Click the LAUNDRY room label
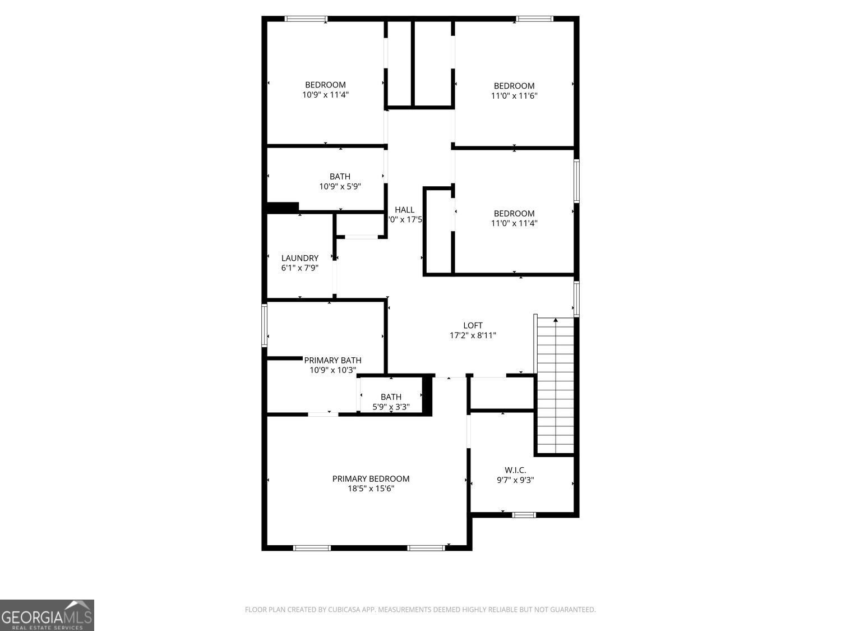pyautogui.click(x=300, y=258)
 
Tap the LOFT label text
pyautogui.click(x=473, y=325)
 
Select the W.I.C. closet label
pyautogui.click(x=515, y=470)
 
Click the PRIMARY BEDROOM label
pyautogui.click(x=371, y=478)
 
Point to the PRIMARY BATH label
pyautogui.click(x=332, y=360)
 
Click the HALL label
pyautogui.click(x=404, y=210)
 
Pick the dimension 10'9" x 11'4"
pyautogui.click(x=325, y=95)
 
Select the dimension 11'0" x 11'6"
pyautogui.click(x=514, y=95)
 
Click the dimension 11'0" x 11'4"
pyautogui.click(x=514, y=223)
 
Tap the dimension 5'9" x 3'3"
pyautogui.click(x=391, y=407)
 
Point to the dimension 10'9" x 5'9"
pyautogui.click(x=340, y=186)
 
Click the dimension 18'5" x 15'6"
pyautogui.click(x=371, y=489)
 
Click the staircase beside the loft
pyautogui.click(x=555, y=387)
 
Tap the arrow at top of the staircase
pyautogui.click(x=556, y=320)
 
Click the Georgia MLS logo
pyautogui.click(x=47, y=615)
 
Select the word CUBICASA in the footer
pyautogui.click(x=346, y=610)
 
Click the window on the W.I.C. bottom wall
pyautogui.click(x=524, y=515)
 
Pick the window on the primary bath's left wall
pyautogui.click(x=265, y=325)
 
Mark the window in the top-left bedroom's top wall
pyautogui.click(x=306, y=19)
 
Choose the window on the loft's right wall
pyautogui.click(x=576, y=298)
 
